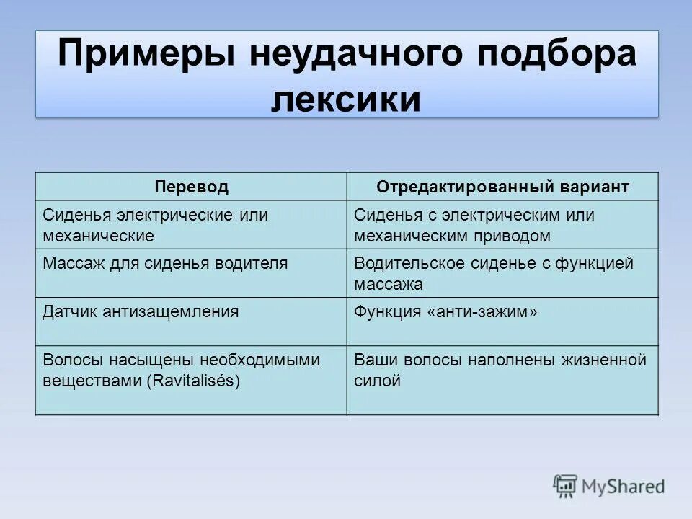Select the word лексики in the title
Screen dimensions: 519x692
point(346,99)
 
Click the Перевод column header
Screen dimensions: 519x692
point(191,187)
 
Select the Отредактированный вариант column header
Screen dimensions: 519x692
point(502,187)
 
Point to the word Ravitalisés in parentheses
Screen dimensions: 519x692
point(194,381)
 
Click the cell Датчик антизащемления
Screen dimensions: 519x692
point(141,311)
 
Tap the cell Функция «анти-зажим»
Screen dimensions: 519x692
point(445,311)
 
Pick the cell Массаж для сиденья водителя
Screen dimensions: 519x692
point(165,263)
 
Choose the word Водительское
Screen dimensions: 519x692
point(409,263)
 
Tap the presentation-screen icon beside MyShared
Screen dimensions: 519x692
point(565,487)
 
